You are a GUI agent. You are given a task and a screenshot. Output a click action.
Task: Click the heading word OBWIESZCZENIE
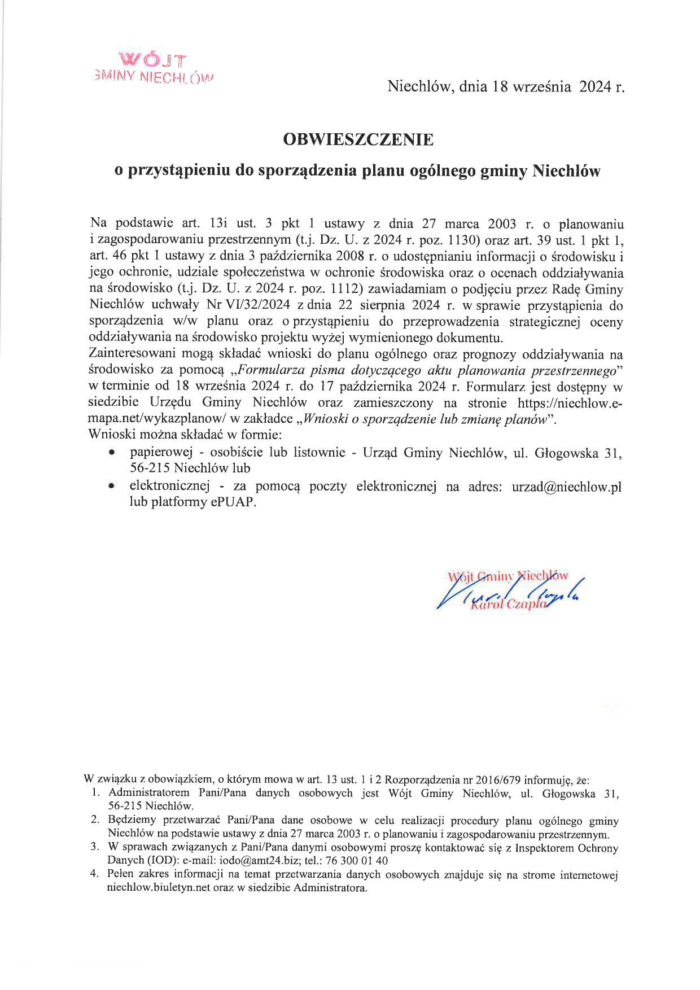pyautogui.click(x=358, y=139)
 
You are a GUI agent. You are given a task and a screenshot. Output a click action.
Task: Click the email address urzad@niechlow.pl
pyautogui.click(x=566, y=487)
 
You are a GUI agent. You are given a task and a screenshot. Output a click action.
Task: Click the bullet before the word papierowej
pyautogui.click(x=113, y=453)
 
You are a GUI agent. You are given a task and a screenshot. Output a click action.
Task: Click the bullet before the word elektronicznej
pyautogui.click(x=113, y=486)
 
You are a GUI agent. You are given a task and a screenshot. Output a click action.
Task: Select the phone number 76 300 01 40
pyautogui.click(x=357, y=861)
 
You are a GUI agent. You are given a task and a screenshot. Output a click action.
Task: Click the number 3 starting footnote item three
pyautogui.click(x=94, y=847)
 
